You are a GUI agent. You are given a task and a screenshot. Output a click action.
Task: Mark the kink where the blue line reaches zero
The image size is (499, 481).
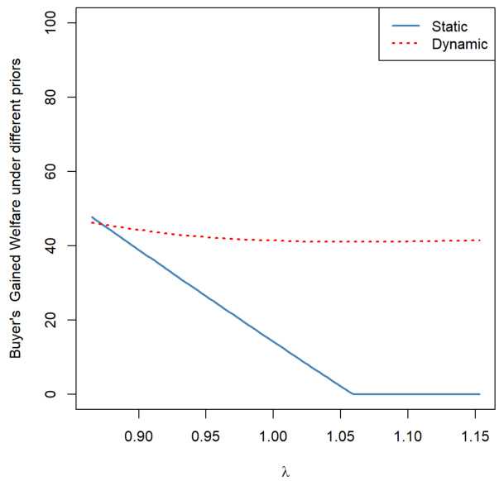coord(353,394)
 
